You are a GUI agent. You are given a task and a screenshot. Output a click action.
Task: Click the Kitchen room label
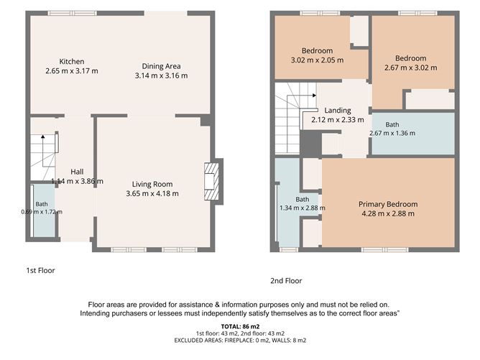(72, 62)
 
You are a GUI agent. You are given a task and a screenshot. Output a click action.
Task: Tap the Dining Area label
(162, 66)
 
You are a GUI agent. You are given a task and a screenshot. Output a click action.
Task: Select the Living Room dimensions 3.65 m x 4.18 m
(152, 193)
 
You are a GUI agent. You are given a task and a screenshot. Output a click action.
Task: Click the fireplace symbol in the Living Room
(211, 182)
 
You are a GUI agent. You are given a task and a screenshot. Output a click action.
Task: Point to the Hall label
(77, 172)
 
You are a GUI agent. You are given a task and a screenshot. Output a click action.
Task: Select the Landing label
(338, 110)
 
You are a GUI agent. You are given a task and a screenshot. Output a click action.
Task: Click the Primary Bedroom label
(388, 204)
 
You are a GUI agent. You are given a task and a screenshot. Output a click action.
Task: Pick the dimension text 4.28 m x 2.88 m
(388, 213)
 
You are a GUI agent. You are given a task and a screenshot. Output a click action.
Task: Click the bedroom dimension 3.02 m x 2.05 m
(317, 60)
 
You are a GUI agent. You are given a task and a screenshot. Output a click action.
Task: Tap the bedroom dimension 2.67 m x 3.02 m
(411, 68)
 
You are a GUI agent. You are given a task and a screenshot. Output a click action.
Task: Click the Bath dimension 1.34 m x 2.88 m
(303, 208)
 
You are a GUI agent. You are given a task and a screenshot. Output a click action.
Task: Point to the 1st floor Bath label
(42, 204)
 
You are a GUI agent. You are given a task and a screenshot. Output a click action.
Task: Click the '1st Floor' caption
(40, 271)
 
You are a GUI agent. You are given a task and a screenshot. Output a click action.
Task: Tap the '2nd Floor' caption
(286, 281)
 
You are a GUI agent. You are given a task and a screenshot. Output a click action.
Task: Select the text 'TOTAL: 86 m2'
(240, 326)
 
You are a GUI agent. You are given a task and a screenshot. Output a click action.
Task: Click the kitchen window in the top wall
(73, 13)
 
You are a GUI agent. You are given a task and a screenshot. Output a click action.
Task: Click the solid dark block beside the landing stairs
(310, 144)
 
